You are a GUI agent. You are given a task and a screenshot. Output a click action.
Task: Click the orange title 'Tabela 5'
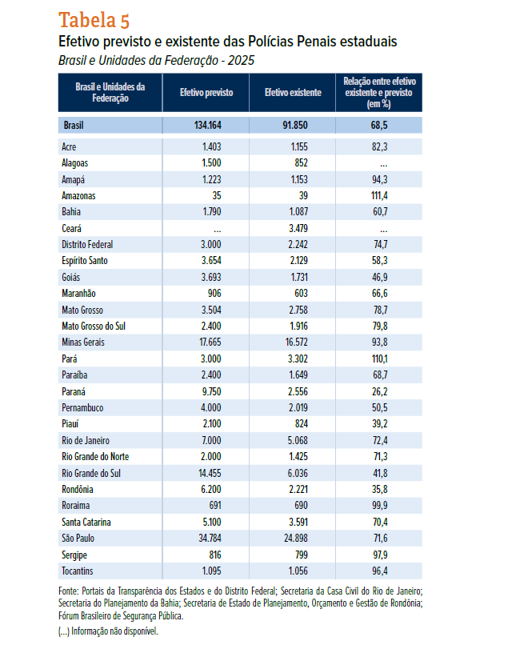point(94,20)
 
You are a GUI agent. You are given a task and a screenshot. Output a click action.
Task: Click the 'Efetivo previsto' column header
point(206,92)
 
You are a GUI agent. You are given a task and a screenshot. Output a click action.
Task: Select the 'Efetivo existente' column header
point(293,92)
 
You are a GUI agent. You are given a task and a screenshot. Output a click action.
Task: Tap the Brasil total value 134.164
point(207,125)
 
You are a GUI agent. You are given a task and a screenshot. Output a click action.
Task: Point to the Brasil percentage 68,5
point(379,125)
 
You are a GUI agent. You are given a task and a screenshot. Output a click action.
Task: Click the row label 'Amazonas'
point(78,195)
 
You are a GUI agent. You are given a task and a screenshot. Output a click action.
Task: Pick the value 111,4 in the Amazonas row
point(379,195)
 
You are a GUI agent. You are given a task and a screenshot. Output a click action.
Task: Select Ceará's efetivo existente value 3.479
point(298,229)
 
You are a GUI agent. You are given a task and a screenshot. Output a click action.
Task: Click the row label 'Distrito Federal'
point(87,245)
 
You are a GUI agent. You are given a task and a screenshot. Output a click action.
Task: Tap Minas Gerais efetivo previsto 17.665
point(210,342)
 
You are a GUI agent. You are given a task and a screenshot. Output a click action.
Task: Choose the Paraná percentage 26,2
point(379,391)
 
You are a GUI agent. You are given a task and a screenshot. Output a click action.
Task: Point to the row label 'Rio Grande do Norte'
point(95,457)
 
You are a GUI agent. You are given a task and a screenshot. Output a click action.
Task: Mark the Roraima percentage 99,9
point(380,506)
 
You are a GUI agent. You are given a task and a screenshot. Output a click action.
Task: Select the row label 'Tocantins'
point(77,571)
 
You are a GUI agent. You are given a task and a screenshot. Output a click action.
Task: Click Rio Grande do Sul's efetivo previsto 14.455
point(210,473)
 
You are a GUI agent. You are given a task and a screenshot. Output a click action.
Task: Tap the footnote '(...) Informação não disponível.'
point(108,631)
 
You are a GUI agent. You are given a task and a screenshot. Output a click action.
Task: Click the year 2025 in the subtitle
point(241,60)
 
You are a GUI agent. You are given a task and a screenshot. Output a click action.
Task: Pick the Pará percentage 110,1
point(379,359)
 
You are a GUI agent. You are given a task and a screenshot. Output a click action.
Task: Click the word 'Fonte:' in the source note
point(69,591)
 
